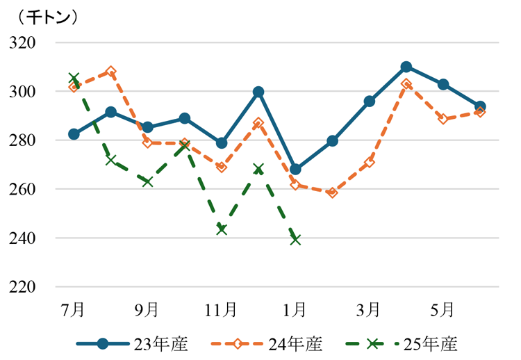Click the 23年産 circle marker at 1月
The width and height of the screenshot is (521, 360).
pyautogui.click(x=295, y=170)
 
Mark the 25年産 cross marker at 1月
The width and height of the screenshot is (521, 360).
pyautogui.click(x=295, y=239)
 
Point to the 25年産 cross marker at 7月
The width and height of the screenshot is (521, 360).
pyautogui.click(x=74, y=79)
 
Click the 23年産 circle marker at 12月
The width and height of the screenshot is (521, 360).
pyautogui.click(x=258, y=92)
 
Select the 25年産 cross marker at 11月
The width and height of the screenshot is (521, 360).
pyautogui.click(x=222, y=229)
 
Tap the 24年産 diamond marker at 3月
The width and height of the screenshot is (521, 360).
pyautogui.click(x=369, y=162)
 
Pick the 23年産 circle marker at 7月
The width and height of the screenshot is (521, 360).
pyautogui.click(x=74, y=134)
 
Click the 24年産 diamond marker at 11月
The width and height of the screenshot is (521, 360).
pyautogui.click(x=222, y=167)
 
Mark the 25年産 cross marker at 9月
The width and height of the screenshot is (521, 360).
pyautogui.click(x=147, y=181)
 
